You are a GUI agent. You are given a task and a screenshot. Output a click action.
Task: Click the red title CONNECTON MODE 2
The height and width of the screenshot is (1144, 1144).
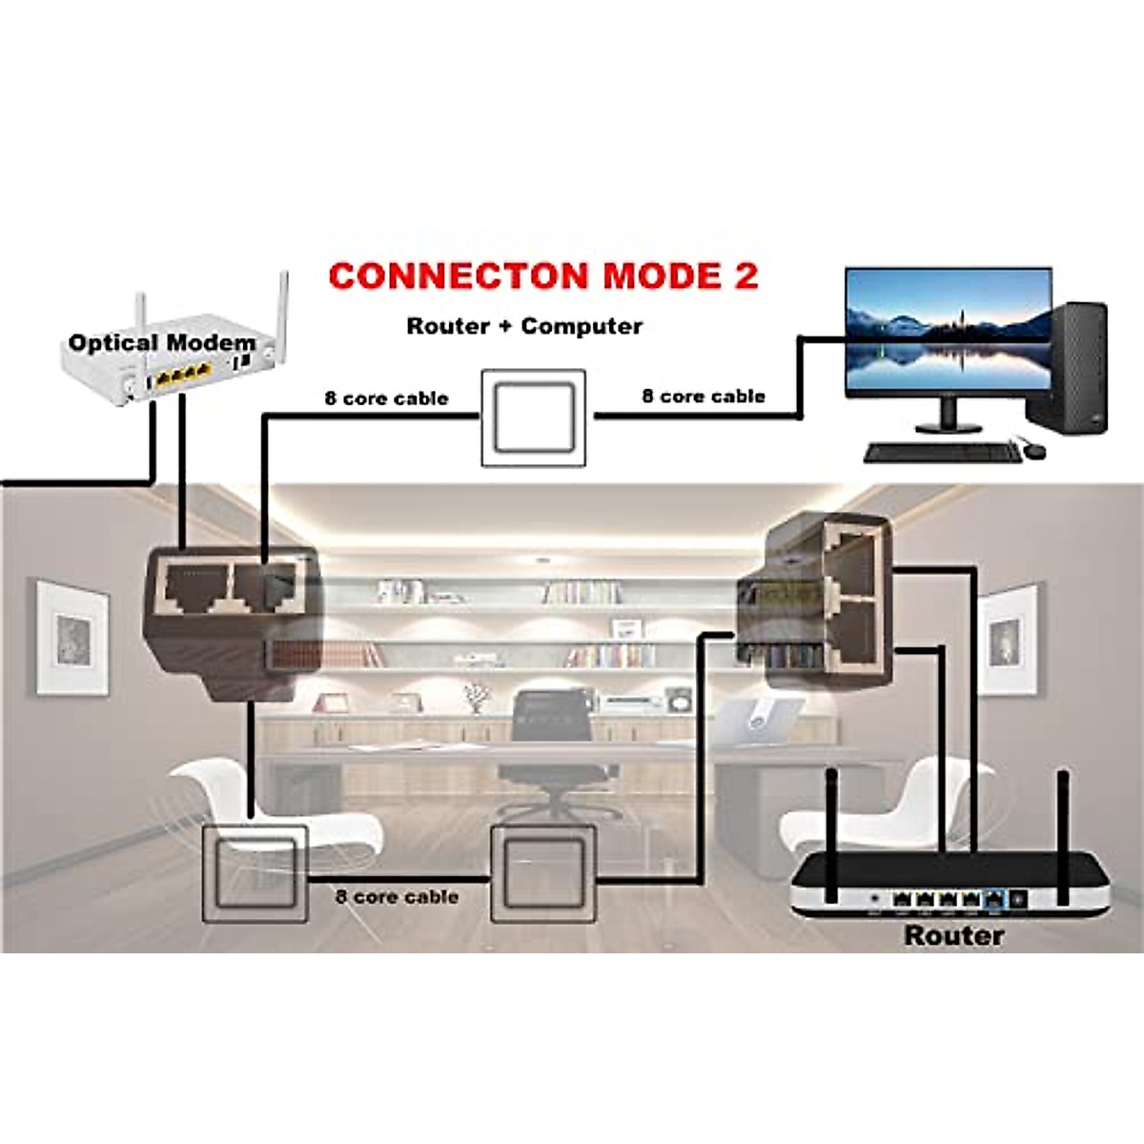[543, 276]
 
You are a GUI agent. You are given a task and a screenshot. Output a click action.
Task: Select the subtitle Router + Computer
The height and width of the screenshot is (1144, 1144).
[524, 326]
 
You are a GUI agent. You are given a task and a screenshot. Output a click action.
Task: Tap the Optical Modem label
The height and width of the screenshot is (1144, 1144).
[162, 343]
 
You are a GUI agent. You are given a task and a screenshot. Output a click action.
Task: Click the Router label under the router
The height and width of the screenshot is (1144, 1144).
[953, 935]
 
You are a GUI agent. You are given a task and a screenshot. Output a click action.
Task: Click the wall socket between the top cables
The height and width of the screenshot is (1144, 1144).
[533, 419]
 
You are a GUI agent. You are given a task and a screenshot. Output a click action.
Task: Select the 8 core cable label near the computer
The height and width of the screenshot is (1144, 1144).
[704, 397]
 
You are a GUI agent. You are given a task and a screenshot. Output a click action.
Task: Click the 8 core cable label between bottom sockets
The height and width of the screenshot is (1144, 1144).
[397, 897]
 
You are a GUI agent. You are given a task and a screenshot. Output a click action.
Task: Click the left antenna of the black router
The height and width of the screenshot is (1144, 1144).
[830, 834]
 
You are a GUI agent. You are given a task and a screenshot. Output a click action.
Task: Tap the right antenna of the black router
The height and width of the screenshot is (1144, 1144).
[1063, 834]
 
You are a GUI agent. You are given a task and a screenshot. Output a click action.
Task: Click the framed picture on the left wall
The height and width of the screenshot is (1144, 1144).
[72, 636]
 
